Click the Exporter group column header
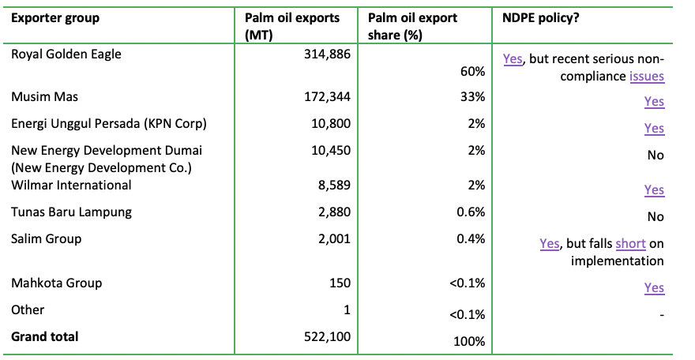55,18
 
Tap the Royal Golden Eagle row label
66,54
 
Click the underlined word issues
647,77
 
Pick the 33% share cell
473,97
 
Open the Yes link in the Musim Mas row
654,102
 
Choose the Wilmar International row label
71,186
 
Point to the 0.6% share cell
471,212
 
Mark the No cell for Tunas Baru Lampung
656,217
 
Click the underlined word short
630,244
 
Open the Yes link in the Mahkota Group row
654,288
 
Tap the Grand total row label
45,337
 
